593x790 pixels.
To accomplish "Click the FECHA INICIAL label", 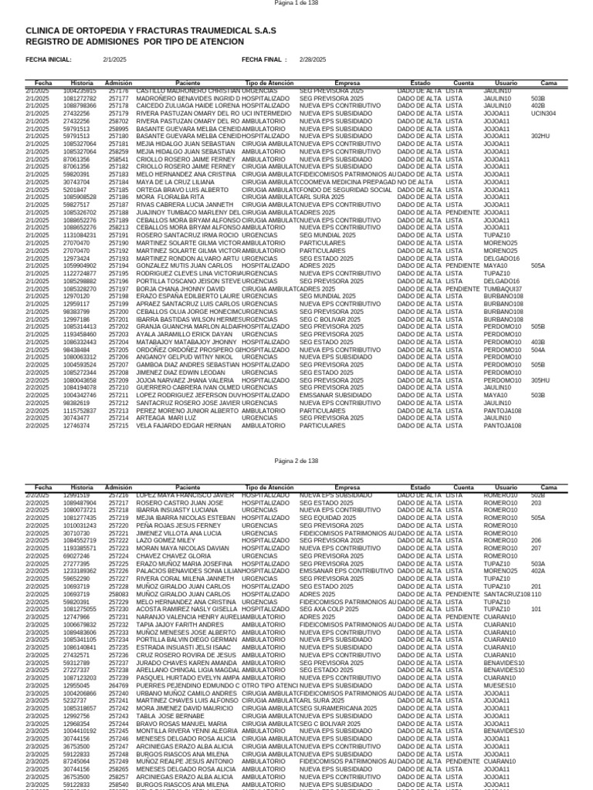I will click(49, 59).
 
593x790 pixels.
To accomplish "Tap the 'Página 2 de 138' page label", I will click(296, 461).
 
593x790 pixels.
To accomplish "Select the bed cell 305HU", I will click(540, 380).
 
